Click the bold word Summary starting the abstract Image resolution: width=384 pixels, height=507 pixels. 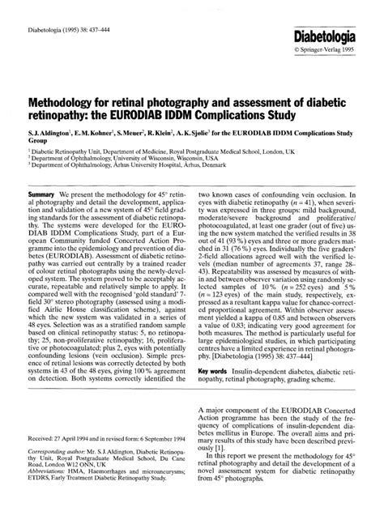click(41, 196)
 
